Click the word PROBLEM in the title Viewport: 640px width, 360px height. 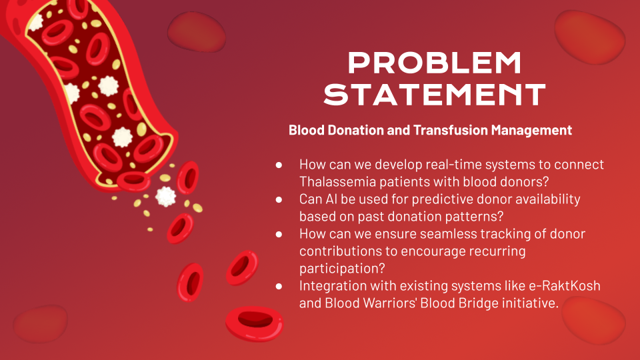(x=434, y=63)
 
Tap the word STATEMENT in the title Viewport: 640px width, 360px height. (x=435, y=95)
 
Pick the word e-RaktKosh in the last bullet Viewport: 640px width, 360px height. (x=565, y=286)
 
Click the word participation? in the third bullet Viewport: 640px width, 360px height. (x=342, y=269)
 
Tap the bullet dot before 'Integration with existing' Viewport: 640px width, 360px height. (x=279, y=286)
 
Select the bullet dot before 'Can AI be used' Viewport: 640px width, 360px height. (x=279, y=199)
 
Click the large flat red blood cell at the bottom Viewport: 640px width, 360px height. (x=254, y=323)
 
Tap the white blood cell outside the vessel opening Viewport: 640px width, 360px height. (x=166, y=196)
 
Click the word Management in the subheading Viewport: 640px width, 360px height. (x=531, y=131)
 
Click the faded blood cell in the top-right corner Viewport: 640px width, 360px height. (x=589, y=37)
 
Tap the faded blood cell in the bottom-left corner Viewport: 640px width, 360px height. (x=41, y=323)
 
